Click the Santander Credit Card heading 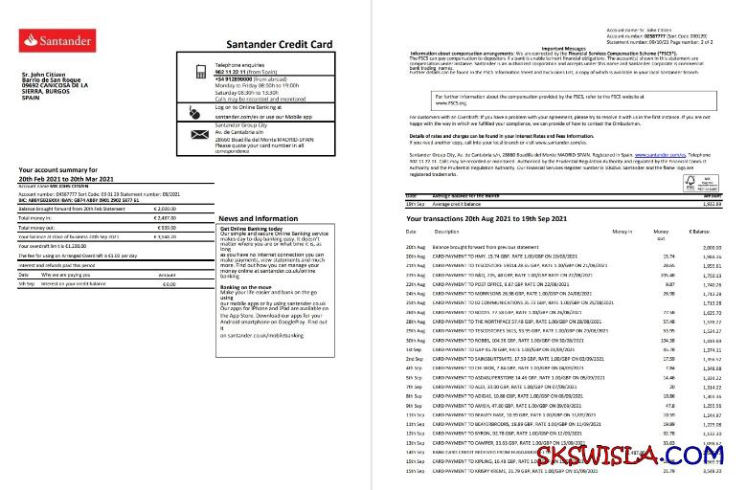pos(279,45)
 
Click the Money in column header pos(622,232)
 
